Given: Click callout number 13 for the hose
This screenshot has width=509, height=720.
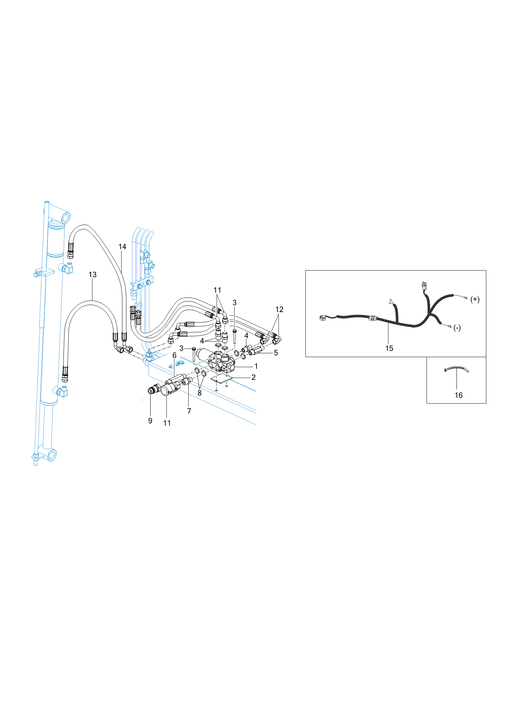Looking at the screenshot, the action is [93, 275].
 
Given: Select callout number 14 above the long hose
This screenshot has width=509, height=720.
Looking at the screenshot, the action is [122, 247].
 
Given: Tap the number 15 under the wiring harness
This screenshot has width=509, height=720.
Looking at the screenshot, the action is [389, 348].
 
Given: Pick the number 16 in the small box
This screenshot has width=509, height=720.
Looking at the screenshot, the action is [458, 395].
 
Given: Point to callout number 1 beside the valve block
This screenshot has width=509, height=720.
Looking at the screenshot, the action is [256, 366].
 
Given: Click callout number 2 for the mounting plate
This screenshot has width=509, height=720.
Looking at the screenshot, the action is [253, 377].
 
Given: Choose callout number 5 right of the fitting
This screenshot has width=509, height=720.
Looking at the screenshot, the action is [276, 353].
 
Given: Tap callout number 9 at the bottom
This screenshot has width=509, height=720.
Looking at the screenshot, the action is [150, 421].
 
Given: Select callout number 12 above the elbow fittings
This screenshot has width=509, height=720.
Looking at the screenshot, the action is [279, 310].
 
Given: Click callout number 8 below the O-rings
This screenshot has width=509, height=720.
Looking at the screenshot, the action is [200, 393].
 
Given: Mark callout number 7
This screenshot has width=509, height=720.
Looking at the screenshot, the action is [189, 411].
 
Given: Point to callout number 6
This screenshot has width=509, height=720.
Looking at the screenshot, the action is [174, 355].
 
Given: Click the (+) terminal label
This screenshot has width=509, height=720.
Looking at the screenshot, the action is [475, 299].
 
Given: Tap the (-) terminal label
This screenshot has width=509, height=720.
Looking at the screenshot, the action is [457, 328].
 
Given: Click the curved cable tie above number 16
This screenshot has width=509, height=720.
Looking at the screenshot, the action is [456, 368].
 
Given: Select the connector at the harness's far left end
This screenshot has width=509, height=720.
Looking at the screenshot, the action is [323, 318].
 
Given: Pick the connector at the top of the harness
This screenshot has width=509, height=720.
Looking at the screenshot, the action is [424, 286].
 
